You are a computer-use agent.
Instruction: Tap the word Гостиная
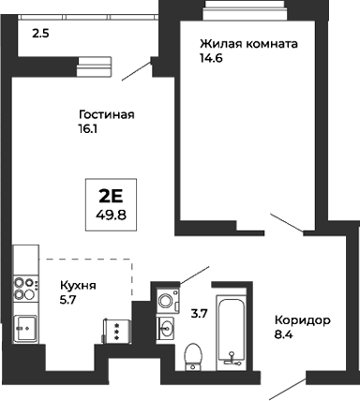click(x=106, y=115)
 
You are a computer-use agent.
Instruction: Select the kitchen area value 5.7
click(x=68, y=301)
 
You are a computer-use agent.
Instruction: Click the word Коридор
click(x=303, y=320)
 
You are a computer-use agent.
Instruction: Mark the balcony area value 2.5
click(x=40, y=34)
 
